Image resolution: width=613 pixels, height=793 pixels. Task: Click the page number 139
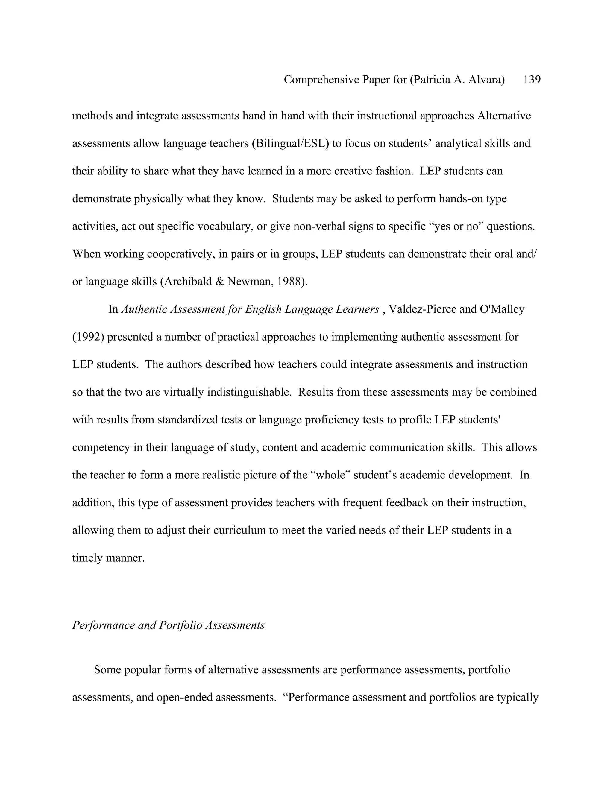(x=532, y=80)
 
